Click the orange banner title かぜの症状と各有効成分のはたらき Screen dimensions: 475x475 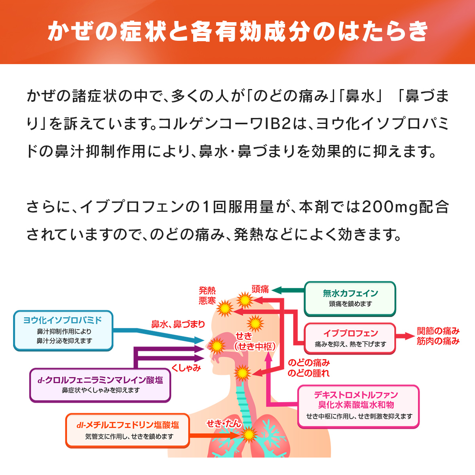coord(237,32)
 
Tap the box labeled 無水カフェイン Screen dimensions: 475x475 coord(350,298)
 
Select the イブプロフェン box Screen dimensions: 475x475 coord(350,338)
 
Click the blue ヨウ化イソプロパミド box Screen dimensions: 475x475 coord(63,331)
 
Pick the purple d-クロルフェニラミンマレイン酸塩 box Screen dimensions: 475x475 coord(100,385)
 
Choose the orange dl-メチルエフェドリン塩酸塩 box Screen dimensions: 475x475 coord(127,430)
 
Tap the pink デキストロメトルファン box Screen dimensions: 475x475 coord(358,406)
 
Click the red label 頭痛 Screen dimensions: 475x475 coord(260,289)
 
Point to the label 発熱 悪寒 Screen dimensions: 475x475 coord(207,296)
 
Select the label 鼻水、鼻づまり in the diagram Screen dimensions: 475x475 coord(178,325)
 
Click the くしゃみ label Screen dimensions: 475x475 coord(186,368)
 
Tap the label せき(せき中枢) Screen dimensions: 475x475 coord(255,341)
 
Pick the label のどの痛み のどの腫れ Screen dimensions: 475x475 coord(308,368)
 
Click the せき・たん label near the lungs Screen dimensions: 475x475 coord(224,424)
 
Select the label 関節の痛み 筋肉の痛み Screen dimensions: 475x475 coord(438,336)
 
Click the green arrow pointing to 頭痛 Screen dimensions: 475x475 coord(287,290)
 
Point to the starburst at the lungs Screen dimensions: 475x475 coord(249,435)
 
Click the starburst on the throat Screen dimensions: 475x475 coord(242,373)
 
